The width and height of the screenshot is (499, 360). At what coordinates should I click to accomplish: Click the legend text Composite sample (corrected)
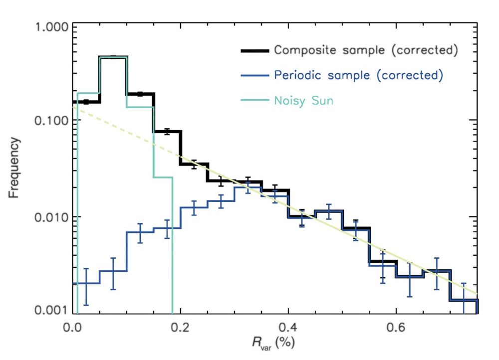pyautogui.click(x=366, y=50)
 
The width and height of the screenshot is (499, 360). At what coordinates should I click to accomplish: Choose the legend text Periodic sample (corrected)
pyautogui.click(x=358, y=75)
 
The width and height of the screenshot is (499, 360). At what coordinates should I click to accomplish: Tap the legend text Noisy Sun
pyautogui.click(x=303, y=100)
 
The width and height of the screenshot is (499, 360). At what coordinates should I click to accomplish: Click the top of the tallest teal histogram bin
pyautogui.click(x=113, y=57)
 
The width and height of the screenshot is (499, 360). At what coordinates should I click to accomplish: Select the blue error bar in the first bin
pyautogui.click(x=86, y=286)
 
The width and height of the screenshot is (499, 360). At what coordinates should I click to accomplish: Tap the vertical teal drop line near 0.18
pyautogui.click(x=172, y=249)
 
